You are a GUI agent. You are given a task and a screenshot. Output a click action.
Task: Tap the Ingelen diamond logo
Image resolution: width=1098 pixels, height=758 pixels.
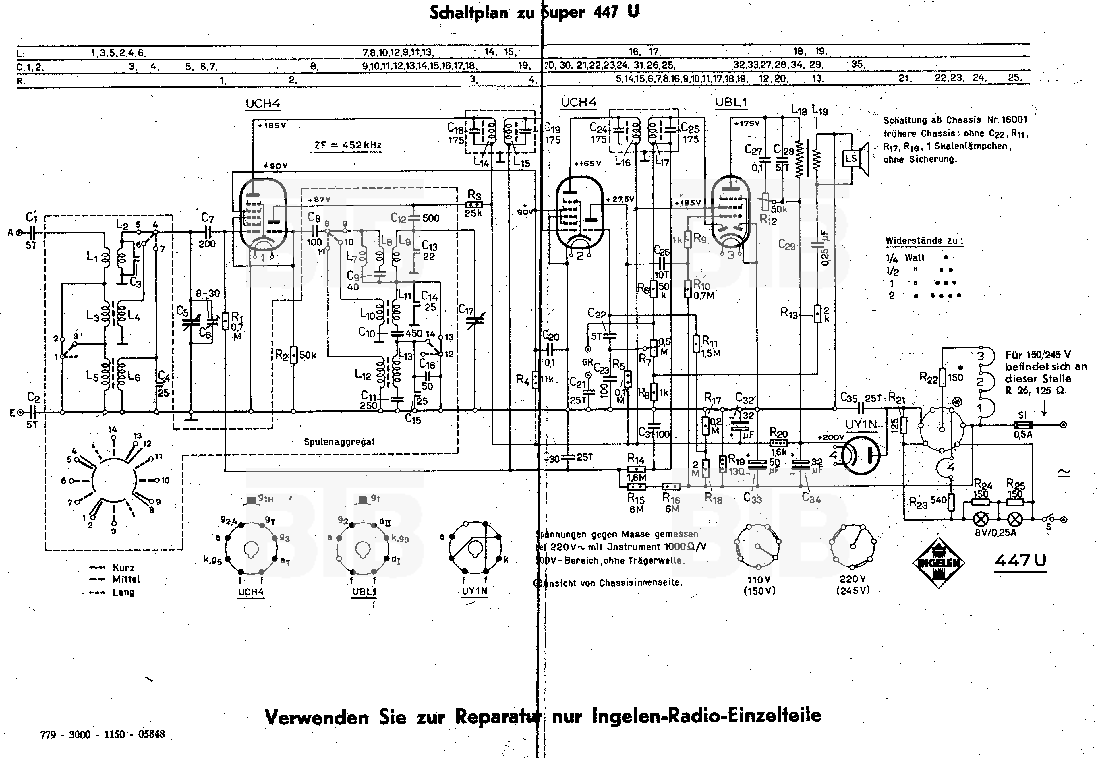tap(938, 563)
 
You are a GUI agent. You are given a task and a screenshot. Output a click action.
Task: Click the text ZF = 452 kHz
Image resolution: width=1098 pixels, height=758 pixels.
tap(348, 145)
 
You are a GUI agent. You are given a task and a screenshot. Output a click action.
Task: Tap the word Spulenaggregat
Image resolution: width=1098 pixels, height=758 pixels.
tap(339, 442)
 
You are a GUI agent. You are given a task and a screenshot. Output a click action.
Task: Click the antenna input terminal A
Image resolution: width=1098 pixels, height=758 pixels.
tap(19, 233)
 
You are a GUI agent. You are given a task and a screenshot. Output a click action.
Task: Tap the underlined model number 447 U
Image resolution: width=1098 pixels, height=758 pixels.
tap(1020, 561)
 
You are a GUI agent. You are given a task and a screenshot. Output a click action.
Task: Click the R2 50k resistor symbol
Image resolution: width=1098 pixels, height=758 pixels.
tap(293, 355)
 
